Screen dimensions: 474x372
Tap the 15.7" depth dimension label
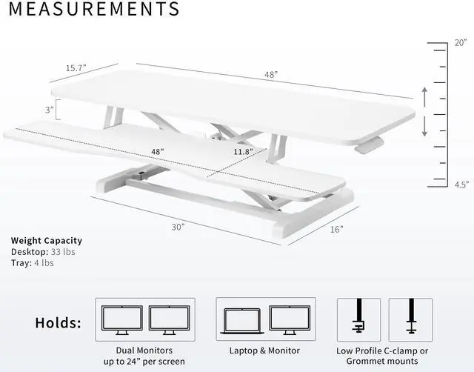click(x=76, y=67)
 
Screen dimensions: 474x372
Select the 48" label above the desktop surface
click(x=270, y=75)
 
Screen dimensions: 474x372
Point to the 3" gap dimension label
click(x=48, y=110)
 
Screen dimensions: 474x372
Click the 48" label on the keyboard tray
click(x=157, y=151)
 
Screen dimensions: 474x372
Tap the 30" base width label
click(x=177, y=227)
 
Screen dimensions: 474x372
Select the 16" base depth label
click(x=337, y=229)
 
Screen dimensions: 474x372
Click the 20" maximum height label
click(x=461, y=42)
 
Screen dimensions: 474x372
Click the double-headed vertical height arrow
click(x=424, y=112)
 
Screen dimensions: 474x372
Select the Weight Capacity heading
click(x=47, y=241)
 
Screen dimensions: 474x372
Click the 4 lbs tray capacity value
click(x=44, y=263)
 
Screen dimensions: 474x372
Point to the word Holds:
click(x=59, y=323)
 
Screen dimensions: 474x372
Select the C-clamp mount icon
click(x=358, y=317)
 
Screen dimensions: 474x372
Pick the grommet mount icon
click(x=410, y=317)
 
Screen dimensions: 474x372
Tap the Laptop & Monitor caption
click(x=265, y=351)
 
